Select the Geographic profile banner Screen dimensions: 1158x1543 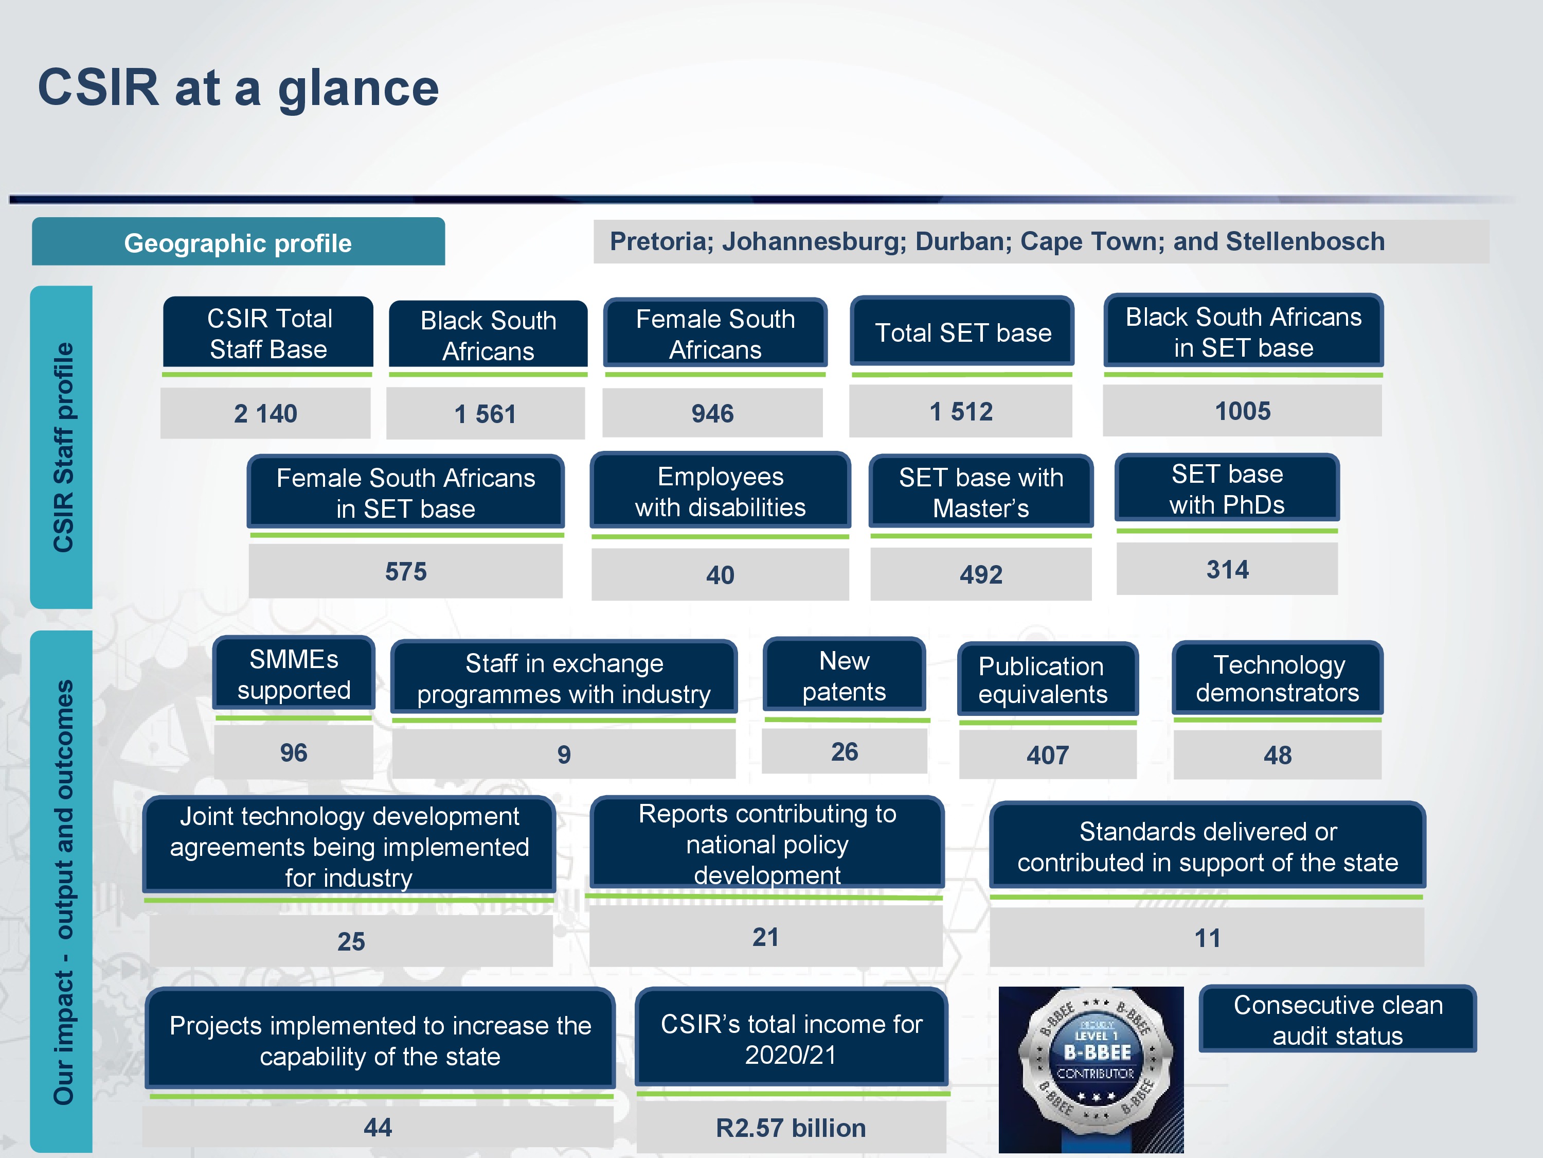(238, 242)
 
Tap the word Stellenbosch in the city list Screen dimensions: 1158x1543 (1304, 241)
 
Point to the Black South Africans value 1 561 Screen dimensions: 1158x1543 (485, 414)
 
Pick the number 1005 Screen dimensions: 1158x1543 (1242, 411)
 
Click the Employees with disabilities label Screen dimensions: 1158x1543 (720, 492)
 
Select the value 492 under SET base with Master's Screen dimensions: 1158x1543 (980, 574)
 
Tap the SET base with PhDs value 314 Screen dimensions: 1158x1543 (1227, 570)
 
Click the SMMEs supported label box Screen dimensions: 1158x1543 (294, 674)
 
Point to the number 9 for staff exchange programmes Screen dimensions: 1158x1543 (564, 755)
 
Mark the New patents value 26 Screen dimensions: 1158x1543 (844, 752)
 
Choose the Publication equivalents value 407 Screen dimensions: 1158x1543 (1047, 755)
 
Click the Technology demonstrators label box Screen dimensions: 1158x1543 (1277, 678)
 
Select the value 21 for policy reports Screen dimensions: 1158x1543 (765, 937)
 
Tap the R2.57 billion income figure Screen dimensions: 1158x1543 (791, 1128)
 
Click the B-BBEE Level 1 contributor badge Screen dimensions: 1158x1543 (1091, 1068)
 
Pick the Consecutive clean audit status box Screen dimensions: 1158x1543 (1337, 1020)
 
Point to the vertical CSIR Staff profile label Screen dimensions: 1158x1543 (62, 447)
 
